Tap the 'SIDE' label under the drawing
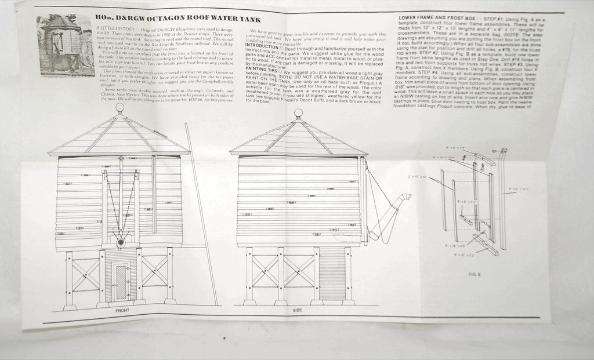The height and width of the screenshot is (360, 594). tap(297, 311)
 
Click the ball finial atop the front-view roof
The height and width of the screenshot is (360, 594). tap(119, 107)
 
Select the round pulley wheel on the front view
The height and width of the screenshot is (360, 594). tap(121, 243)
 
